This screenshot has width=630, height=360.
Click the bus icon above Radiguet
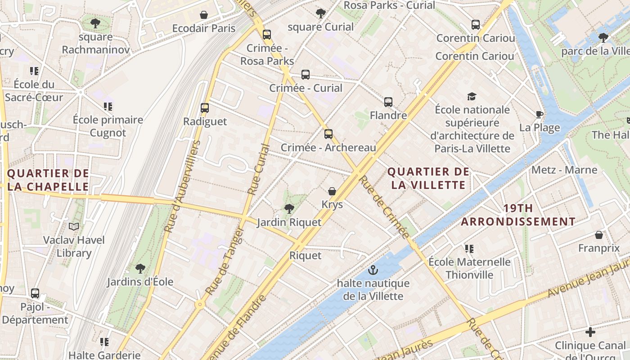(205, 108)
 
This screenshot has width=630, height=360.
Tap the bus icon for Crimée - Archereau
(328, 134)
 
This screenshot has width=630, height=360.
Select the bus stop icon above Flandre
(388, 102)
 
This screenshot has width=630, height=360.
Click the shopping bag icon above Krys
(332, 191)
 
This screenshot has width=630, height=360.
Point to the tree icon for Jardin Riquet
(289, 208)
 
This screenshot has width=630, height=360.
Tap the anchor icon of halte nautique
(373, 270)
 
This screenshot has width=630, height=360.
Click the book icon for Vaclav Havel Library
(74, 226)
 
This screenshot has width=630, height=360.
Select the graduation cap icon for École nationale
(472, 96)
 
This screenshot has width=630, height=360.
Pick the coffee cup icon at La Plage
(540, 114)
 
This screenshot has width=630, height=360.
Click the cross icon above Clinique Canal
(590, 333)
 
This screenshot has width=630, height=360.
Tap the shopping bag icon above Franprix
(599, 235)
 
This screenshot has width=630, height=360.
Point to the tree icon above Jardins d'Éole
(140, 268)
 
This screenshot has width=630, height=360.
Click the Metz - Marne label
(564, 170)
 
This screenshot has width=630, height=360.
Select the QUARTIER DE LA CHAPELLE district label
(48, 180)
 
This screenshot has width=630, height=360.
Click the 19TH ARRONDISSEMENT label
(518, 215)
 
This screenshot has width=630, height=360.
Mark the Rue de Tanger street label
(225, 261)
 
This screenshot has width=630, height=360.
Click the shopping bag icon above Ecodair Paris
(204, 15)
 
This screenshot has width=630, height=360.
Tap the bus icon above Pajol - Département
(35, 293)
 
